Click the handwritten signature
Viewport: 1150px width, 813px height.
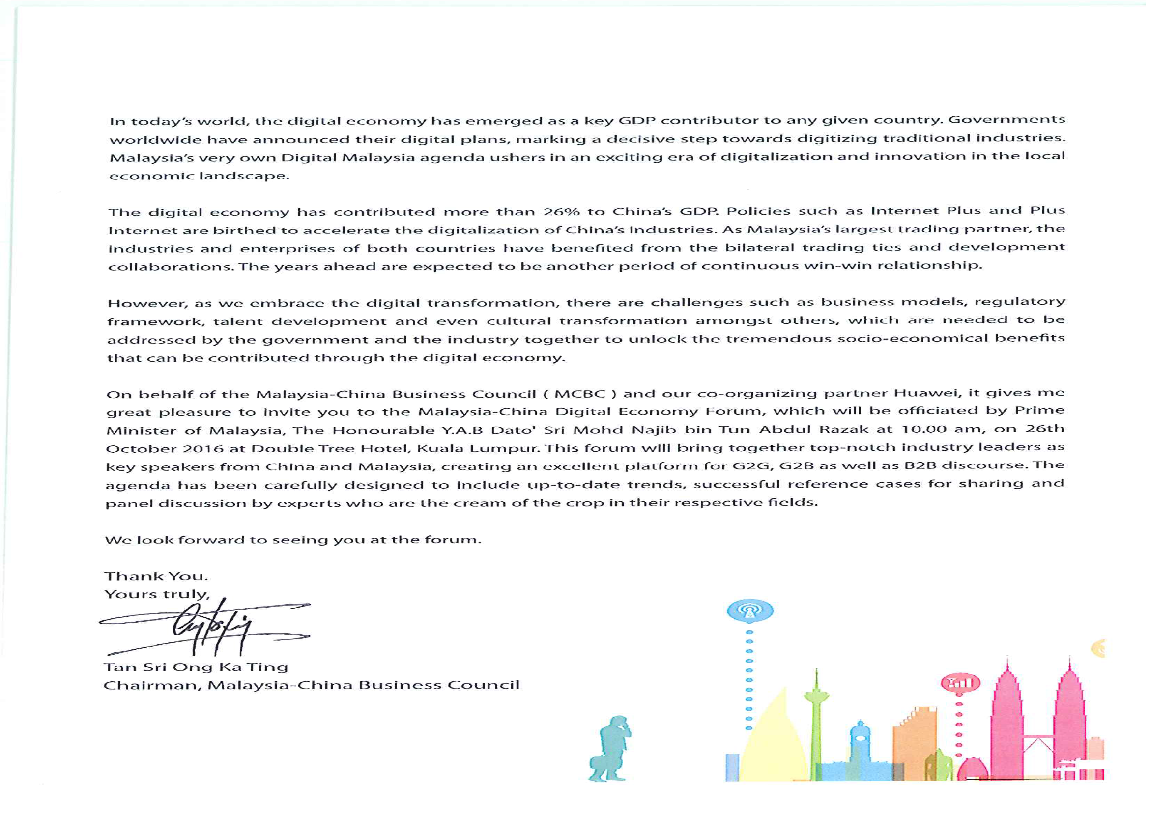[x=210, y=626]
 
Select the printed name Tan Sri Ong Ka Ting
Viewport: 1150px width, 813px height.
[x=195, y=667]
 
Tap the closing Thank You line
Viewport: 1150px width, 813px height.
[x=156, y=576]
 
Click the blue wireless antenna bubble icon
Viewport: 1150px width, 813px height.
[x=750, y=610]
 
